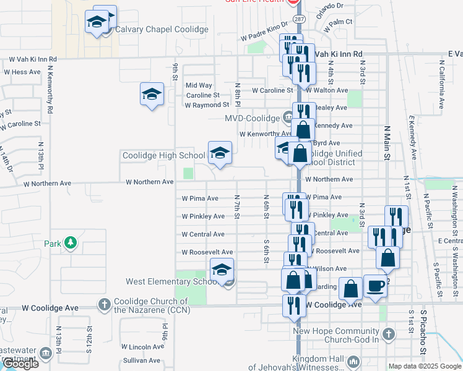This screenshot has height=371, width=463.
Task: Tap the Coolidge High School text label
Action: tap(163, 156)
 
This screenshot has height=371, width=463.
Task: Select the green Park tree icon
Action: tap(71, 242)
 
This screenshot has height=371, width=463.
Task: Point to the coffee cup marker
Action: tap(375, 286)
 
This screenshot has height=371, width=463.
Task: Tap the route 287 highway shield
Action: tap(299, 20)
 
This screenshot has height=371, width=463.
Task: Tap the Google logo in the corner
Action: tap(20, 364)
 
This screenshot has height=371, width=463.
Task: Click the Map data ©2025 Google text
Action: tap(425, 366)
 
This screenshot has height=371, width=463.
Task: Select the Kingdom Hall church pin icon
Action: tap(353, 360)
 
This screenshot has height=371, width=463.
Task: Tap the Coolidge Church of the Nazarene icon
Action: tap(103, 304)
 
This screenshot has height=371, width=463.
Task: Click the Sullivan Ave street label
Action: tap(141, 360)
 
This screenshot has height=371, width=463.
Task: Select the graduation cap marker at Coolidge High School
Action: tap(220, 153)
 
